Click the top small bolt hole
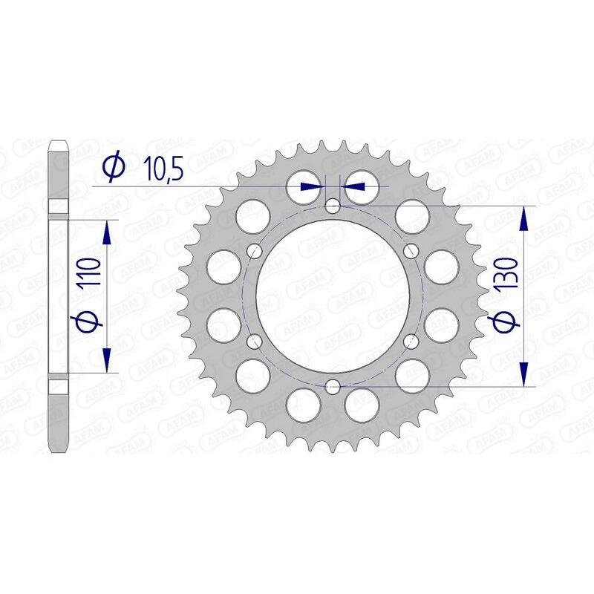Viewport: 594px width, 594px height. click(333, 204)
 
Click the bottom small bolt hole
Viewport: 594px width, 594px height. click(333, 386)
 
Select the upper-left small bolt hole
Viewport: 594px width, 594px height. click(255, 249)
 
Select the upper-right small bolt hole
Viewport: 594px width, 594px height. click(411, 249)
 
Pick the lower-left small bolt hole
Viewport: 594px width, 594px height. click(255, 341)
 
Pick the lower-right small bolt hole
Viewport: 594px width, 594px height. click(411, 341)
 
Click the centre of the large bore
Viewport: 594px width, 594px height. click(333, 295)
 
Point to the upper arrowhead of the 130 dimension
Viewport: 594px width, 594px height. click(524, 218)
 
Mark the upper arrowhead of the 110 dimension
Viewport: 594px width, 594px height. click(107, 231)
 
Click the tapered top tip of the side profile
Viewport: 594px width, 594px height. click(59, 143)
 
